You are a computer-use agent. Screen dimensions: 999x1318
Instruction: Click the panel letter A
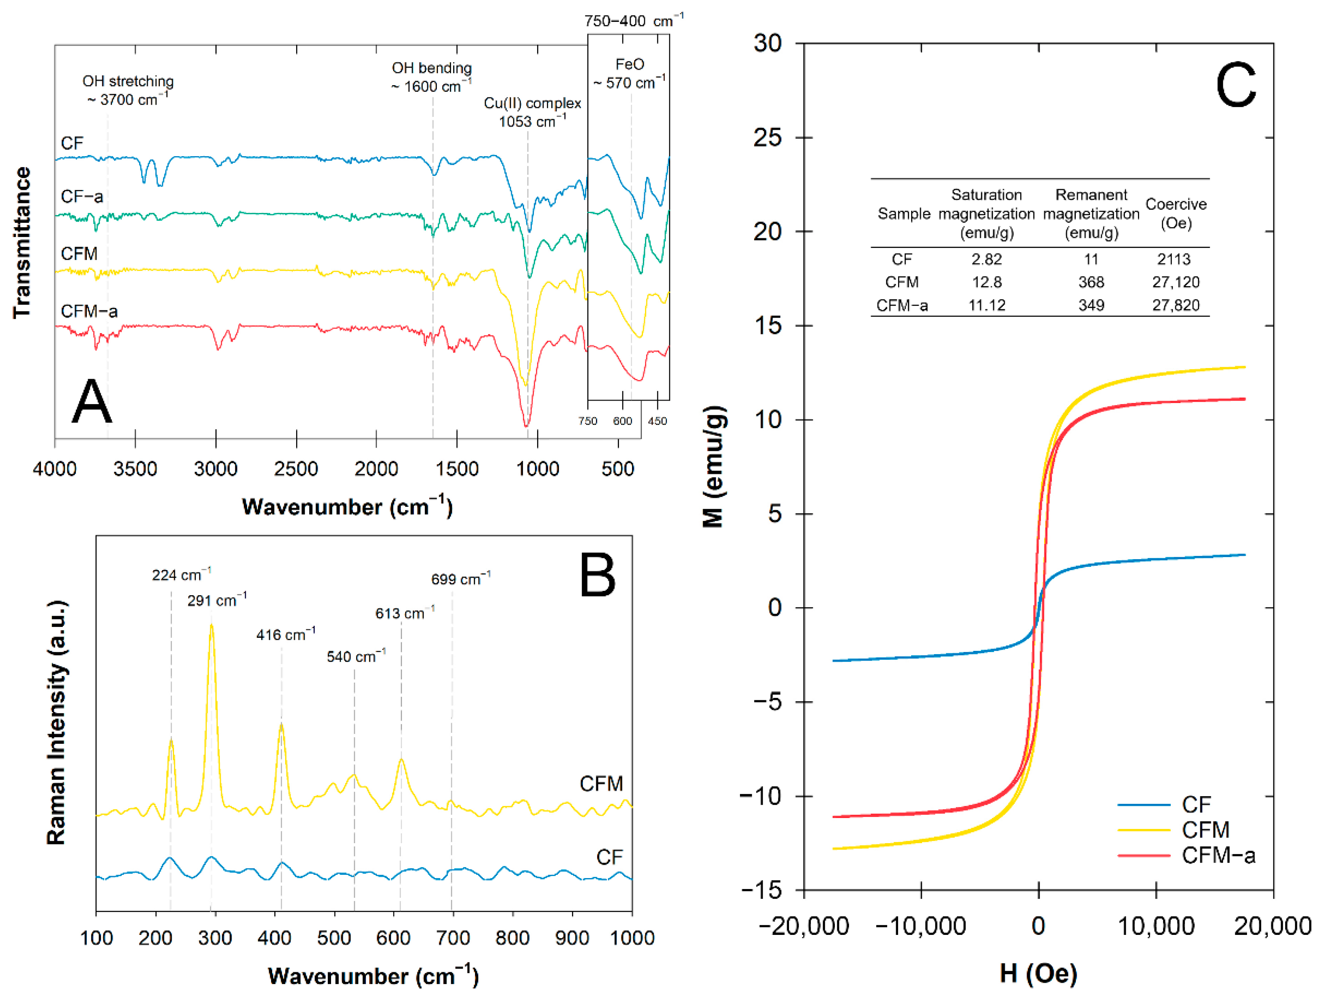[91, 402]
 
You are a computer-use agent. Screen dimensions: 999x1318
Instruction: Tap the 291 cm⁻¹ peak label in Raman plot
[216, 600]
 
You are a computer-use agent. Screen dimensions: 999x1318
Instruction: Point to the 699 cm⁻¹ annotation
[460, 579]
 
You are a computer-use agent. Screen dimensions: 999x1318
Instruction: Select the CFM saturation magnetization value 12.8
[986, 282]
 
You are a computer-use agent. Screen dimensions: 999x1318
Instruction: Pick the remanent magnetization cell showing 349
[1090, 305]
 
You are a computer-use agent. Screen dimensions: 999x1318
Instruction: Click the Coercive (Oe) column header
[1176, 213]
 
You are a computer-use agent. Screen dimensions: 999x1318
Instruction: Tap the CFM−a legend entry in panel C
[1218, 855]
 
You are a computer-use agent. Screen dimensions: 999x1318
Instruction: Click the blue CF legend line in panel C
[1144, 805]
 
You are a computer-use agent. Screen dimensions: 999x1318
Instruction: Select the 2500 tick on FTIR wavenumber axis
[296, 469]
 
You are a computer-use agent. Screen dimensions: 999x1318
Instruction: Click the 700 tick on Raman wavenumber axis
[453, 938]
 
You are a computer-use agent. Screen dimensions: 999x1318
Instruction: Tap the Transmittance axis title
[22, 242]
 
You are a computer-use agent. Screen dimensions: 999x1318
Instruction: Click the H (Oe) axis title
[1038, 973]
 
